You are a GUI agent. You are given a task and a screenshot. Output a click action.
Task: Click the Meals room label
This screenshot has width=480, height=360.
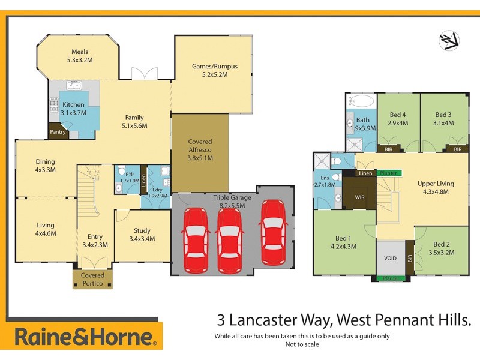click(80, 52)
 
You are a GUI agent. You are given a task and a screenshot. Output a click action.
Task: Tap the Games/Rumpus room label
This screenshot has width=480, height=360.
click(211, 66)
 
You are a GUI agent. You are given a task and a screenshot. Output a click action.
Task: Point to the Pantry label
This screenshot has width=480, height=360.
click(58, 131)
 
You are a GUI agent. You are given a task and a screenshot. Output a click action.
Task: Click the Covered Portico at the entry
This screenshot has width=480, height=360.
click(88, 278)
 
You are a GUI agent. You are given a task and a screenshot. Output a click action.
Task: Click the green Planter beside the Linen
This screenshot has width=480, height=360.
click(389, 173)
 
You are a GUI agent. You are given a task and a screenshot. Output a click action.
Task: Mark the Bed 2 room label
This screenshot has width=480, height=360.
click(441, 244)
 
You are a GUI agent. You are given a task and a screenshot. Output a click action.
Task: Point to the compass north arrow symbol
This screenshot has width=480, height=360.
click(449, 40)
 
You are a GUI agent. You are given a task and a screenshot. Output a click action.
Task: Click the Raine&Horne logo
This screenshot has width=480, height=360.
click(86, 336)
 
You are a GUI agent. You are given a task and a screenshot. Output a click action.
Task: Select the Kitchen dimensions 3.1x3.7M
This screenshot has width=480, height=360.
click(74, 112)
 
